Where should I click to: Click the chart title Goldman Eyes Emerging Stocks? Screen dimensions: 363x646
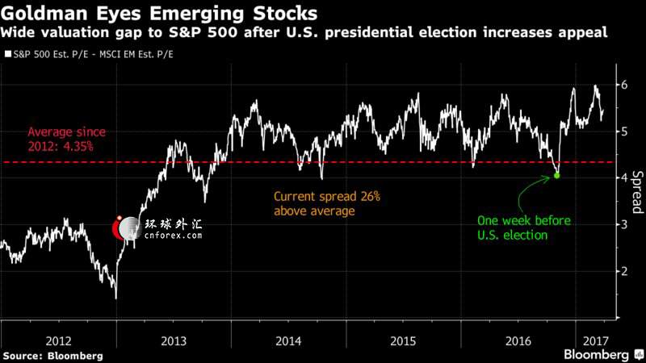(x=158, y=14)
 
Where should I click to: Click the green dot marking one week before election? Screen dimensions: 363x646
(x=557, y=175)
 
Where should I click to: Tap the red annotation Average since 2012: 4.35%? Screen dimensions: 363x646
(x=66, y=139)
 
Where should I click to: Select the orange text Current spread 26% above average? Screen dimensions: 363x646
(x=327, y=203)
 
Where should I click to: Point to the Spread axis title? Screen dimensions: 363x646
(x=636, y=190)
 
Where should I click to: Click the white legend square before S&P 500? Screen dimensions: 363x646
(x=6, y=55)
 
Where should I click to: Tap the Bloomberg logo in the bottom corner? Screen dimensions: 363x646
(x=596, y=355)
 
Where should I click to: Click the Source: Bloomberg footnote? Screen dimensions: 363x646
(x=53, y=355)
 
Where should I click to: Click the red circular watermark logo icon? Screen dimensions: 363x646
(x=124, y=229)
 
